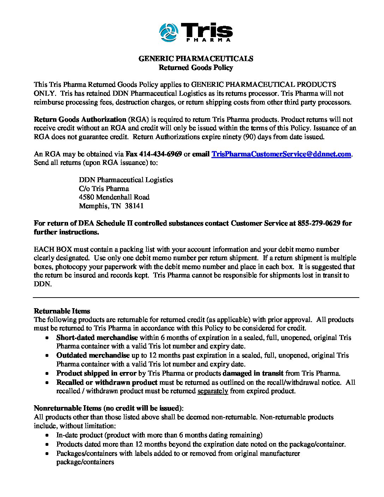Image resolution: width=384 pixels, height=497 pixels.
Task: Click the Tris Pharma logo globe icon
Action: pyautogui.click(x=169, y=32)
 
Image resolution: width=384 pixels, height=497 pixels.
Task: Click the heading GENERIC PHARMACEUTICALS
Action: pyautogui.click(x=196, y=59)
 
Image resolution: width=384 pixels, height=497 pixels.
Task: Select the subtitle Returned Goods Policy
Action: pyautogui.click(x=196, y=67)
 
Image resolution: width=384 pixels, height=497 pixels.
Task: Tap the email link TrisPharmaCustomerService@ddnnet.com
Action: pyautogui.click(x=281, y=154)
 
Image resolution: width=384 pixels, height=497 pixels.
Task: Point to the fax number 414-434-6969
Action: pyautogui.click(x=161, y=154)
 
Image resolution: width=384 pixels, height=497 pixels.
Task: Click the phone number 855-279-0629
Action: pyautogui.click(x=319, y=223)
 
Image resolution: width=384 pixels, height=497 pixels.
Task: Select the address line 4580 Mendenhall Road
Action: pyautogui.click(x=114, y=197)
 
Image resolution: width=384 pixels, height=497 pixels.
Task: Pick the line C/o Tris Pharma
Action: pyautogui.click(x=104, y=188)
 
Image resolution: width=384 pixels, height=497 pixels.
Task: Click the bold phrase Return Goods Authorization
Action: pyautogui.click(x=80, y=119)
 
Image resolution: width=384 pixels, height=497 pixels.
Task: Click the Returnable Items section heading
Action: pyautogui.click(x=62, y=311)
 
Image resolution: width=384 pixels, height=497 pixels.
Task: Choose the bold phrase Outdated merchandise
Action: pyautogui.click(x=93, y=355)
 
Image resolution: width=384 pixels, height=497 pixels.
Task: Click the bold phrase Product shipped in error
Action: pyautogui.click(x=96, y=373)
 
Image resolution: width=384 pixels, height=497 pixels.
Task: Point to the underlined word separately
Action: pyautogui.click(x=212, y=391)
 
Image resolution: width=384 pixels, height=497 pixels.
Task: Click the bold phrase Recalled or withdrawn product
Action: pyautogui.click(x=107, y=382)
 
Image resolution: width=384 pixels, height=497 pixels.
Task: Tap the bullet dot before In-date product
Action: pyautogui.click(x=47, y=435)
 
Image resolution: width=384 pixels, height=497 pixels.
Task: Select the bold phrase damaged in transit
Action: pyautogui.click(x=253, y=373)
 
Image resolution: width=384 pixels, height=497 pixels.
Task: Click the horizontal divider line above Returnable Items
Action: pyautogui.click(x=196, y=298)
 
